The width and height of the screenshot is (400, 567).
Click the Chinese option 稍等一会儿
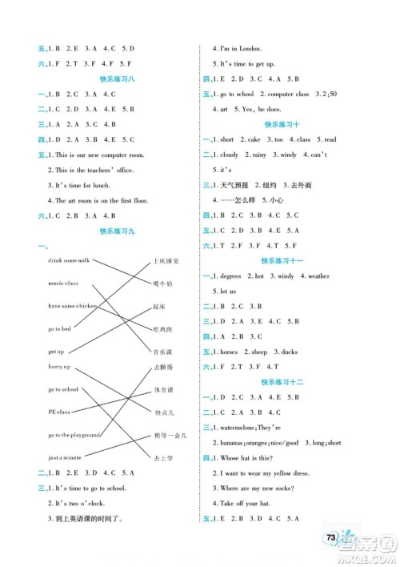pyautogui.click(x=170, y=435)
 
